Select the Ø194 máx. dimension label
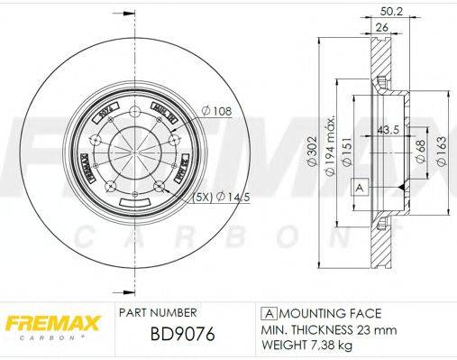pyautogui.click(x=333, y=144)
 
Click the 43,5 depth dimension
pyautogui.click(x=388, y=127)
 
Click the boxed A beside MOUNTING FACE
pyautogui.click(x=268, y=313)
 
